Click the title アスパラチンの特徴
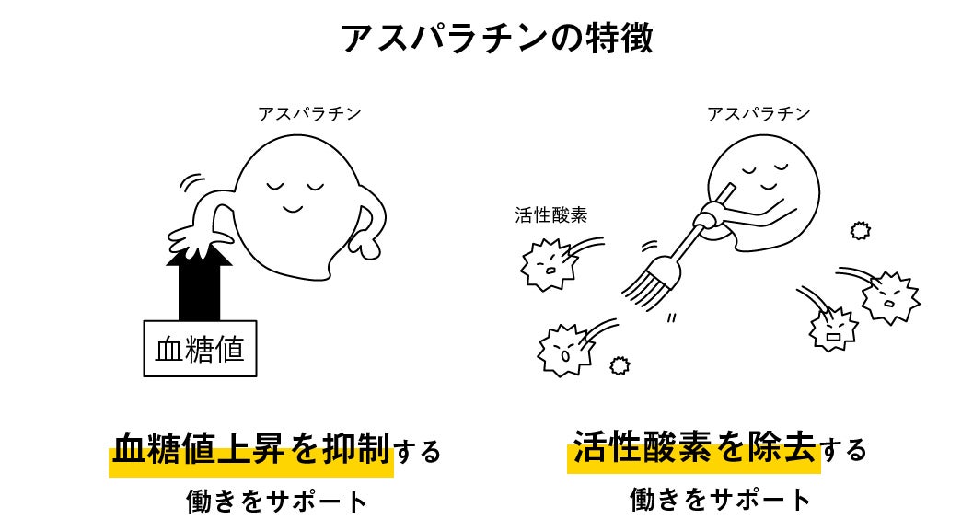click(x=497, y=38)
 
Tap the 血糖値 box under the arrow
click(x=200, y=349)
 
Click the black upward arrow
click(x=199, y=283)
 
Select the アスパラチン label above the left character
click(x=309, y=113)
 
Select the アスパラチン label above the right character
click(x=759, y=113)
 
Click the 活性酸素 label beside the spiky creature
click(x=551, y=214)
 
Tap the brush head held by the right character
click(x=651, y=280)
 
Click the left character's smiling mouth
click(x=293, y=207)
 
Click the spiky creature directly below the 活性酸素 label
click(x=549, y=264)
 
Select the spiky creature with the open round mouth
click(x=565, y=351)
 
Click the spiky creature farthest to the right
click(x=890, y=298)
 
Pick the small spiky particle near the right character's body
click(x=860, y=231)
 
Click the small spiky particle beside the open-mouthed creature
click(x=620, y=366)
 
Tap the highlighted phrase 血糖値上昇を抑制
click(x=251, y=449)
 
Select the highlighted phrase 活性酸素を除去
click(x=694, y=447)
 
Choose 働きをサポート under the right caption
click(x=721, y=500)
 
